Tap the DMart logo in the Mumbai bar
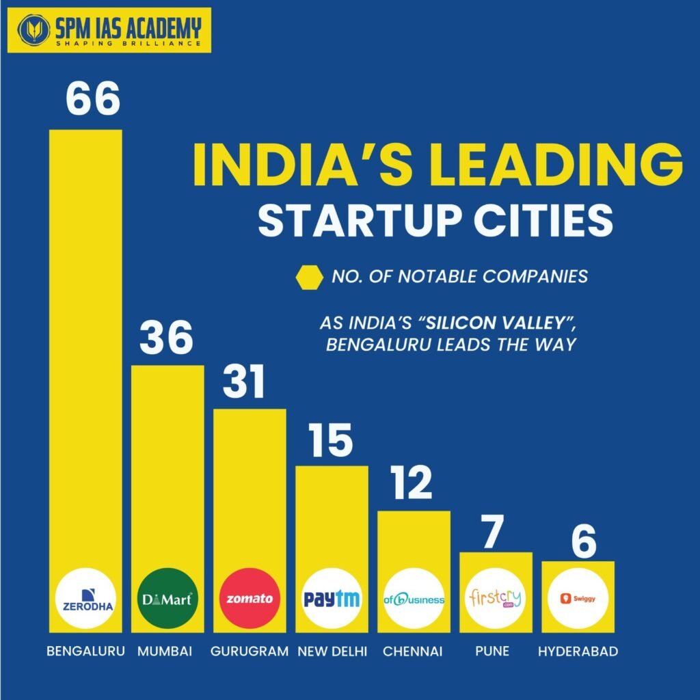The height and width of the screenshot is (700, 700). click(167, 598)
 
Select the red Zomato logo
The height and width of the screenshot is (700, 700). click(250, 598)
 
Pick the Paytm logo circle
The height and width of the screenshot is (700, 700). click(332, 598)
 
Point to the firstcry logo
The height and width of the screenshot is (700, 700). click(496, 598)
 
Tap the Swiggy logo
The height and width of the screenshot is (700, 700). click(578, 598)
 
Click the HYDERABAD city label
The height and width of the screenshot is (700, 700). click(578, 651)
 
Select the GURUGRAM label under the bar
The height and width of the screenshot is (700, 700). click(250, 651)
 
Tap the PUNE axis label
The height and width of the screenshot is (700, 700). click(492, 651)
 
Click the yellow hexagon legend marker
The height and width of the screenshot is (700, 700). click(308, 278)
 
